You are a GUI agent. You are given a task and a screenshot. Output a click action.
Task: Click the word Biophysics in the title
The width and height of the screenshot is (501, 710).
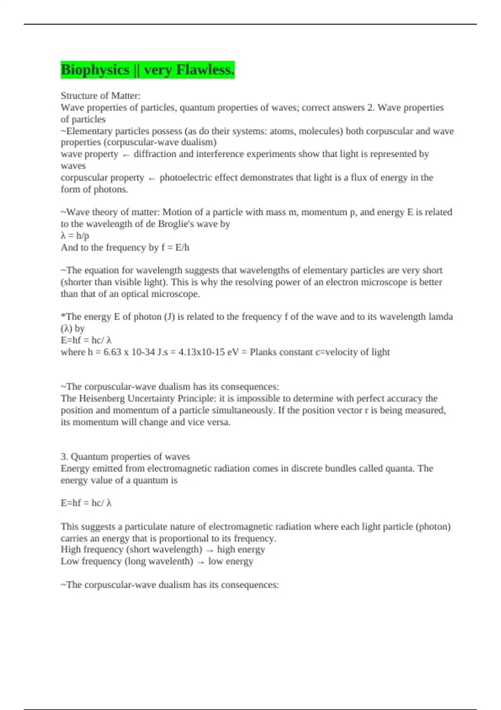coord(95,70)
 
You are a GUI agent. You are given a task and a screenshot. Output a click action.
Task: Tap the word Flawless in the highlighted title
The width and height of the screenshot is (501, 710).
coord(205,70)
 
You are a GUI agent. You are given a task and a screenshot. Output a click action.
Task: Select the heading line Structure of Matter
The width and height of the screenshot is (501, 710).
coord(101,96)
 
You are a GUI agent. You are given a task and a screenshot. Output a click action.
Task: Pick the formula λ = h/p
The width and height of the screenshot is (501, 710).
coord(75,236)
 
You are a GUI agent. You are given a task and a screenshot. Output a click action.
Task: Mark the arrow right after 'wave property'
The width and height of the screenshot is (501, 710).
coord(126,155)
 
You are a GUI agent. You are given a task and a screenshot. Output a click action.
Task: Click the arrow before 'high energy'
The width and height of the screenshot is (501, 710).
coord(210,550)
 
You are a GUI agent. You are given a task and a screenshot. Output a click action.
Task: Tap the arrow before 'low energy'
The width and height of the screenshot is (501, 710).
coord(201,562)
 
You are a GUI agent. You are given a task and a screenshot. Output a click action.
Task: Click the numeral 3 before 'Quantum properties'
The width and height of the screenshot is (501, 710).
coord(63,456)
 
